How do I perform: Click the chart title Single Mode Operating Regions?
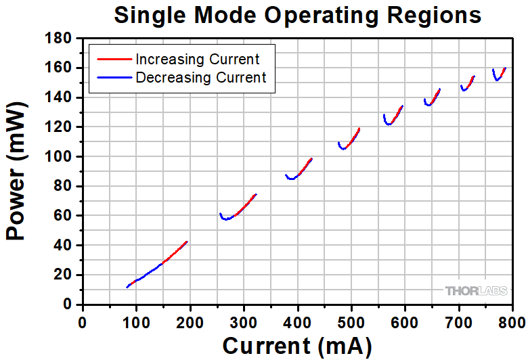[297, 15]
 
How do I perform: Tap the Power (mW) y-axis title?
[16, 172]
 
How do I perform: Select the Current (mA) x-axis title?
[297, 346]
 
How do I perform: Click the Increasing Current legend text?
[197, 59]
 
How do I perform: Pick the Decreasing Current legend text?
[201, 77]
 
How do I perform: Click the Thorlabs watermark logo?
[477, 291]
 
